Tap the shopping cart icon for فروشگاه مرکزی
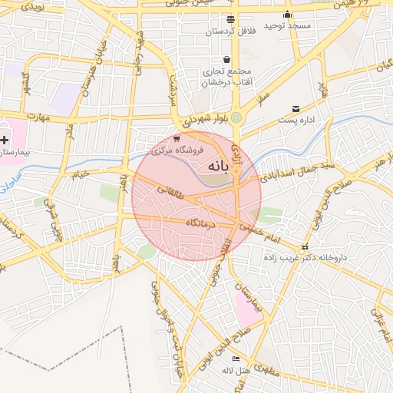[177, 139]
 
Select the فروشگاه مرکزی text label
[160, 150]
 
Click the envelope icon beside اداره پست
[296, 109]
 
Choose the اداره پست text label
[296, 121]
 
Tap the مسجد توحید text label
[288, 25]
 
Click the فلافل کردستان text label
[231, 31]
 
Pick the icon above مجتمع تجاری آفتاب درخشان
[226, 59]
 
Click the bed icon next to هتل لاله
[236, 358]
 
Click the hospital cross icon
[5, 140]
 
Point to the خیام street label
[81, 174]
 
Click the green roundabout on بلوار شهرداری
[236, 117]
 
